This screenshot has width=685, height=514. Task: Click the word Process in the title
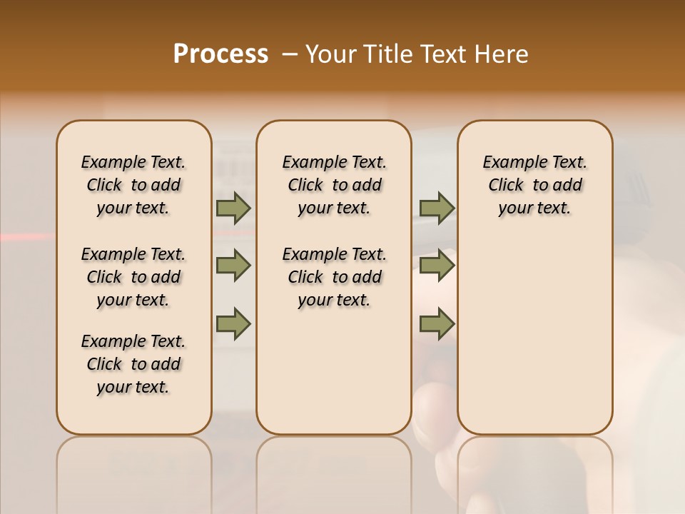(220, 54)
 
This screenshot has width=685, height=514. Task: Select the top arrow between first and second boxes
(233, 208)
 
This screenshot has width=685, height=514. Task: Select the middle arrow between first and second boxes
(233, 266)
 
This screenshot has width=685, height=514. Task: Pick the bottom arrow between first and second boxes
(233, 324)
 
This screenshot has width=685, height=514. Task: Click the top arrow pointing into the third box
(437, 208)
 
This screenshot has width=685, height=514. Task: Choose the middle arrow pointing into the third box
(437, 266)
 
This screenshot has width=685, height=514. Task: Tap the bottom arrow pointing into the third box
(437, 324)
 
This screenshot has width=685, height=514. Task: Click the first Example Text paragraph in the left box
(133, 185)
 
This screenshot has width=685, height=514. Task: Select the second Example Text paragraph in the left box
(133, 277)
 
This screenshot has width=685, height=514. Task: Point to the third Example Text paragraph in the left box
(133, 364)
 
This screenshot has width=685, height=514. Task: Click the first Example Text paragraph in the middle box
(334, 185)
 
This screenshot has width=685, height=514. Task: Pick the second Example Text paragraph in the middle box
(334, 277)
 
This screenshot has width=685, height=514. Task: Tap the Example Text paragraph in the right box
(535, 185)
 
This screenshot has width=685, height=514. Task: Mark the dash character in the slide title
(289, 54)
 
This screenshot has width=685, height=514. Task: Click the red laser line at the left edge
(21, 236)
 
